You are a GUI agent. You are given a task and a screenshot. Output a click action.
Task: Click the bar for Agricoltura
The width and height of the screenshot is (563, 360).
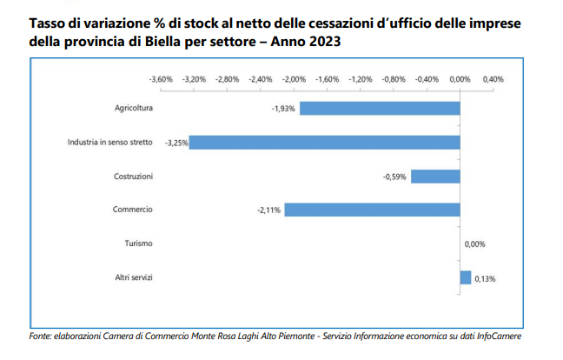tap(380, 109)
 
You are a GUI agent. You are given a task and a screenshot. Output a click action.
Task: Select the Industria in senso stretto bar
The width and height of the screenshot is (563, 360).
tap(325, 142)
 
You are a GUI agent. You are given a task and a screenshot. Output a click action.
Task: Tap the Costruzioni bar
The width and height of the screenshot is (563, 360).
tap(435, 177)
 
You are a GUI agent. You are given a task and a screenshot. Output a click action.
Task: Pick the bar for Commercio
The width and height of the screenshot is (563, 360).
tap(372, 210)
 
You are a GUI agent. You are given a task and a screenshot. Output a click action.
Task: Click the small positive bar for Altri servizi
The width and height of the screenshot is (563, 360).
tap(466, 277)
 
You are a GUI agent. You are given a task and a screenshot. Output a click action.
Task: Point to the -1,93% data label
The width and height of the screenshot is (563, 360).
tap(283, 109)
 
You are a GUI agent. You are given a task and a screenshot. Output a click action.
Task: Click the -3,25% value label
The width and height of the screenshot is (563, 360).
tap(176, 142)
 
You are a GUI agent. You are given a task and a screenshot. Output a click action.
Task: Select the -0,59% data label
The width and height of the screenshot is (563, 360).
tap(395, 177)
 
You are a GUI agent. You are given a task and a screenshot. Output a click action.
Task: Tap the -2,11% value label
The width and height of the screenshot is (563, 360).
tap(268, 210)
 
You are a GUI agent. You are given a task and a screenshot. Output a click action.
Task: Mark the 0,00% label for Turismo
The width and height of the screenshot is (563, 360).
tap(476, 244)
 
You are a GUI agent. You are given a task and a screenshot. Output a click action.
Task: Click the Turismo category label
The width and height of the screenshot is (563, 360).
tap(139, 243)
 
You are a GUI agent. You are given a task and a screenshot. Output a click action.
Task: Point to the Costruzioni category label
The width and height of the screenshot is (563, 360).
tap(134, 176)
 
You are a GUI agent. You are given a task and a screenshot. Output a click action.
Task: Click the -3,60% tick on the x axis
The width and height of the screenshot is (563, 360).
tap(162, 78)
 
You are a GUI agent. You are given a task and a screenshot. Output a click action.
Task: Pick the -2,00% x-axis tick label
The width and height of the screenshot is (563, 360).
tap(295, 78)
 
